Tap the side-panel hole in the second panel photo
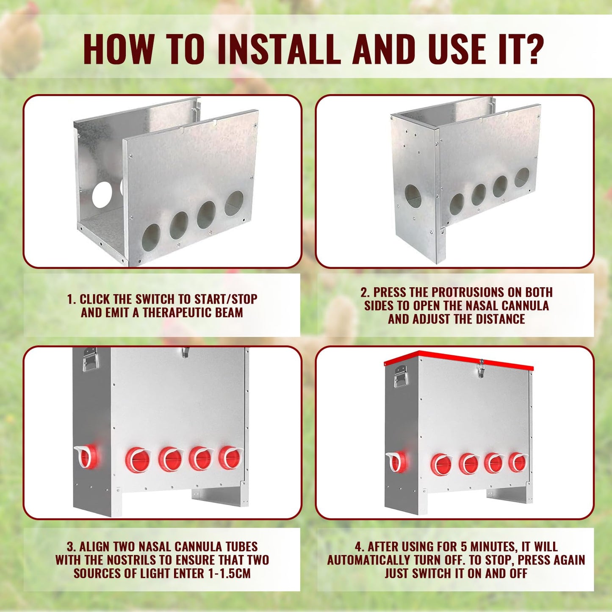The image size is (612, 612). click(413, 197)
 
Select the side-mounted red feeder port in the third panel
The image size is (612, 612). click(87, 457)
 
